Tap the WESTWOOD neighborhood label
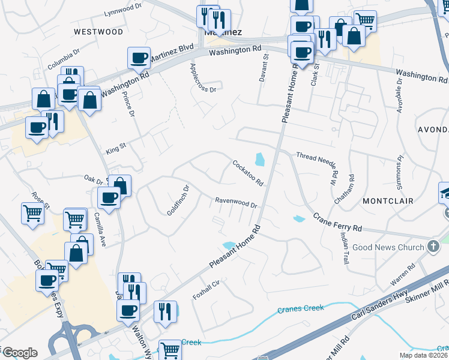pos(98,31)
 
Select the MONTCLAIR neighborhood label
pos(388,200)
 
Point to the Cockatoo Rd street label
pos(248,172)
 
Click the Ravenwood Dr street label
pos(237,203)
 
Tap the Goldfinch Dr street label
pos(178,200)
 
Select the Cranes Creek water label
pos(301,309)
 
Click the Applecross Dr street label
pos(202,78)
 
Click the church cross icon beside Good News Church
pos(432,247)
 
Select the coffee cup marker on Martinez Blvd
pos(139,59)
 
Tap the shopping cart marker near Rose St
pos(32,213)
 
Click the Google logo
pos(20,353)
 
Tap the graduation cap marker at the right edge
pos(445,193)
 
